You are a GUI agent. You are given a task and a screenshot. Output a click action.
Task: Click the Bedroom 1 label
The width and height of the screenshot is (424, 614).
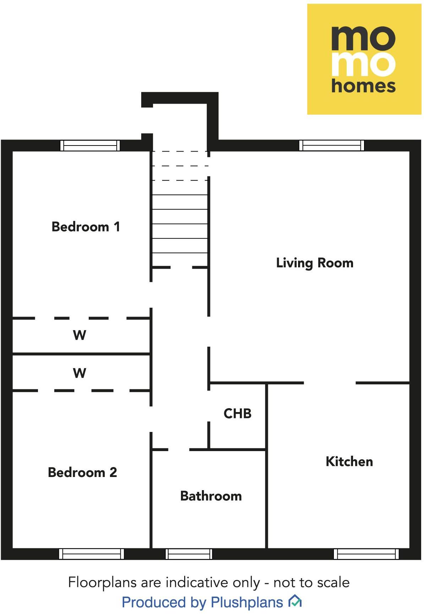(x=86, y=227)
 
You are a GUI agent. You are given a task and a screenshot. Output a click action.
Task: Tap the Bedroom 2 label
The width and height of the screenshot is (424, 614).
(x=82, y=472)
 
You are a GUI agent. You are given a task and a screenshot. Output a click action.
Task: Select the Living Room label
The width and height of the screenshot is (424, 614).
(x=315, y=263)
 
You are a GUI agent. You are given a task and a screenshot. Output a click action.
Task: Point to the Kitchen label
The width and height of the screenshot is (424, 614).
(x=349, y=461)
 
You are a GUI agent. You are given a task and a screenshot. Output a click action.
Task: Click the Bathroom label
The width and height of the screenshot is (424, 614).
(x=211, y=496)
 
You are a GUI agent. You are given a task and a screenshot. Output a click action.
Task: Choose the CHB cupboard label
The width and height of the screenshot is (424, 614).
(x=237, y=413)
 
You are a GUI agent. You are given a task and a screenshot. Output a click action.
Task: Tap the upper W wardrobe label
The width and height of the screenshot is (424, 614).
(x=79, y=335)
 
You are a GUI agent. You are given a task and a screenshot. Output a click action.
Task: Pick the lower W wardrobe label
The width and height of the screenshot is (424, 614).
(x=79, y=373)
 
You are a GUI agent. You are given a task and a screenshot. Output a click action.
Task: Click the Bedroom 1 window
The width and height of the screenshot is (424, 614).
(x=90, y=146)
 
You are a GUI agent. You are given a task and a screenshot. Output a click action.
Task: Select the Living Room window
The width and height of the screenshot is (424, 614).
(x=331, y=146)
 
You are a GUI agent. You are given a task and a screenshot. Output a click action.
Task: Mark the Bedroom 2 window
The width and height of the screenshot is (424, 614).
(x=91, y=554)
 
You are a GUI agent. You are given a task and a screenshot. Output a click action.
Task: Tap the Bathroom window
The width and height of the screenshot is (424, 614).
(x=189, y=554)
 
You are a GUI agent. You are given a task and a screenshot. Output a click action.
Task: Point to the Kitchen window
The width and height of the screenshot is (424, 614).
(x=366, y=554)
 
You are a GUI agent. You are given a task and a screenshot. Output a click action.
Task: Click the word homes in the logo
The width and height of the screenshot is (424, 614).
(x=363, y=86)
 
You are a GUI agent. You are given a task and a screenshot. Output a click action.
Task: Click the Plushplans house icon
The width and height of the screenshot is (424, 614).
(x=295, y=601)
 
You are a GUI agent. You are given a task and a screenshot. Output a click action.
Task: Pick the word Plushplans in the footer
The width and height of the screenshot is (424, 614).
(x=247, y=602)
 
